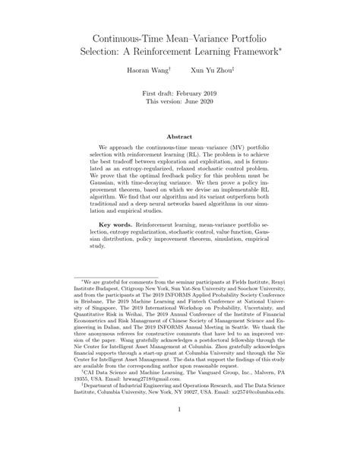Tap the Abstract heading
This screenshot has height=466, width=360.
tap(179, 137)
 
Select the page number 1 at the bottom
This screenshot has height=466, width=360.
tap(180, 431)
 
